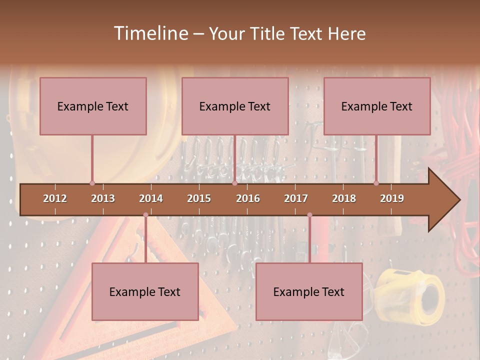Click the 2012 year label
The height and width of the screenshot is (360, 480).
click(55, 198)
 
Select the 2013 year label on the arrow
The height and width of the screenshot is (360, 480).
click(103, 198)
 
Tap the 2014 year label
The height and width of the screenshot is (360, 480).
click(151, 198)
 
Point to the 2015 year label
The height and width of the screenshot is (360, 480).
click(199, 198)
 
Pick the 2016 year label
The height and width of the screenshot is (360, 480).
click(248, 198)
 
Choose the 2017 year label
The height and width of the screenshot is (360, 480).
click(296, 198)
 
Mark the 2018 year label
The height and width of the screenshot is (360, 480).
click(344, 198)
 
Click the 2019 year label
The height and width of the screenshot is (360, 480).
click(392, 198)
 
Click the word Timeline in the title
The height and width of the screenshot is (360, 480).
click(150, 33)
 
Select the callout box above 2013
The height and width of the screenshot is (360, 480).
click(93, 106)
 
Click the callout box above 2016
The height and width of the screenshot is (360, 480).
click(235, 106)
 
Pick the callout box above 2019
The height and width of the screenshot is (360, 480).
click(377, 106)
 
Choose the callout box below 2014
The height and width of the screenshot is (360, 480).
click(145, 291)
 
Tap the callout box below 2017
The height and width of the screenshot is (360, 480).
click(309, 291)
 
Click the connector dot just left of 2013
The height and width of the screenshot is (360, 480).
click(92, 183)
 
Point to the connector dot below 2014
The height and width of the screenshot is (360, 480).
click(145, 215)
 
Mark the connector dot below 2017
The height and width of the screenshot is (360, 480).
click(309, 215)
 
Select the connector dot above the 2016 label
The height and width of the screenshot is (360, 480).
click(234, 183)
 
